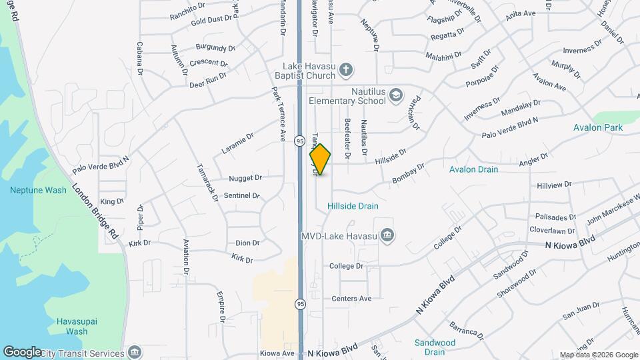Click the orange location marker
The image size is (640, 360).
320,159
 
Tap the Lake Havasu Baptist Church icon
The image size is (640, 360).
345,68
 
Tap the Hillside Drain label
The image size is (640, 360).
353,206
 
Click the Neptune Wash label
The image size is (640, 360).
38,190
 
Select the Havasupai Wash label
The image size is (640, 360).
77,326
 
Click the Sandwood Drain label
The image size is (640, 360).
435,347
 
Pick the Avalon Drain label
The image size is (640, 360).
473,169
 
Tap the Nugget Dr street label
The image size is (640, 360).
245,178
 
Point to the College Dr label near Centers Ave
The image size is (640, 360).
346,266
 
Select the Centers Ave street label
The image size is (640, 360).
351,298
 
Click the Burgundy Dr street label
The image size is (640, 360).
215,48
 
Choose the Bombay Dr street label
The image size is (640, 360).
408,174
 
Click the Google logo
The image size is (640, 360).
21,351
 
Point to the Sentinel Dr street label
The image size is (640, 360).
241,196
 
